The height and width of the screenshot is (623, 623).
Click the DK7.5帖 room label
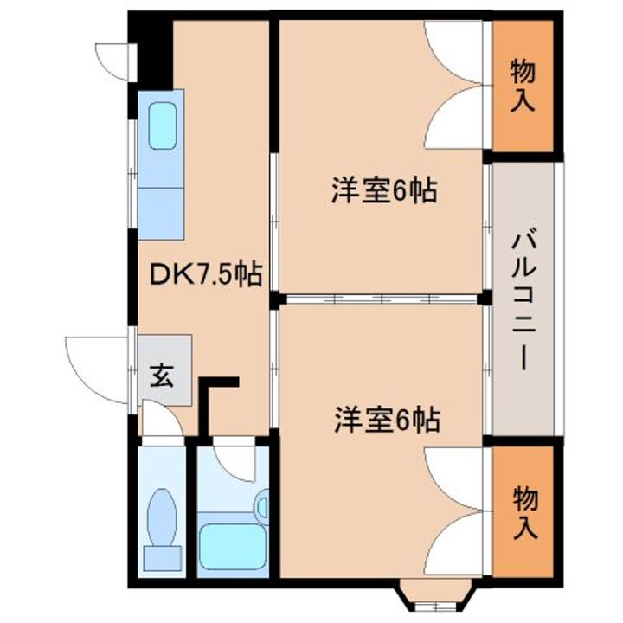(x=206, y=275)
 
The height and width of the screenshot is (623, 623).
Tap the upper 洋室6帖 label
(x=382, y=191)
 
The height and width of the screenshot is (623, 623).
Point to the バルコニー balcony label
(x=520, y=299)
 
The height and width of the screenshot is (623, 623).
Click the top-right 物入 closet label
(x=521, y=85)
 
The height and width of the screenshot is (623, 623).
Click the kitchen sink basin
(x=163, y=126)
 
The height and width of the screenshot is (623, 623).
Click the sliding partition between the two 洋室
(x=381, y=299)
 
